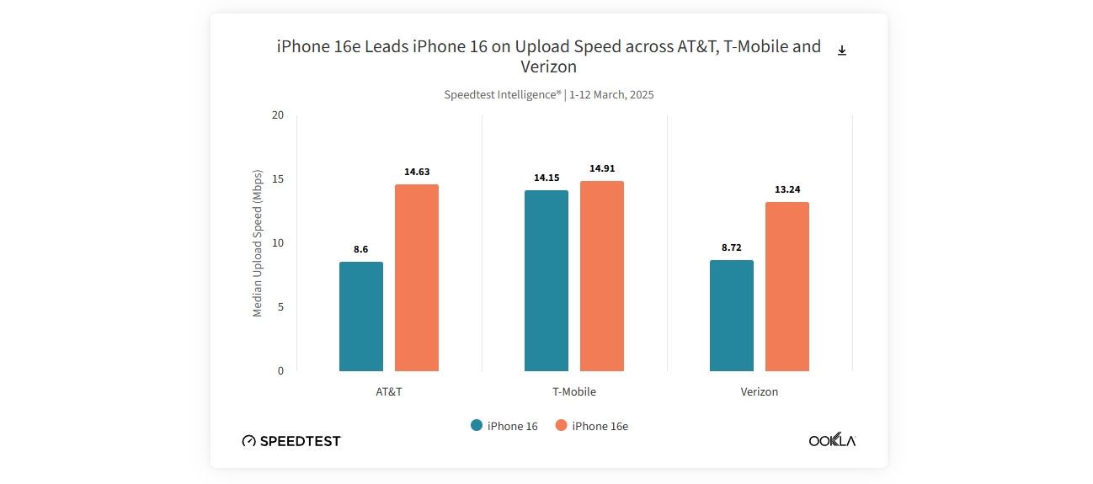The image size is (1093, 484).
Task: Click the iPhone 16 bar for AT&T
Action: click(361, 316)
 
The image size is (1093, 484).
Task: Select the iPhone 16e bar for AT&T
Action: click(417, 278)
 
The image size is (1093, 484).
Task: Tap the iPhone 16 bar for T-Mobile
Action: click(546, 280)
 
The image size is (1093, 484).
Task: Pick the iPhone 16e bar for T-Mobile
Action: click(602, 276)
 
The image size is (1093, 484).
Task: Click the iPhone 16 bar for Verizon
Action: click(732, 316)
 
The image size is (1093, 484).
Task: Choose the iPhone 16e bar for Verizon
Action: click(787, 286)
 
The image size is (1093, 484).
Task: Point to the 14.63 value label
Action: click(417, 172)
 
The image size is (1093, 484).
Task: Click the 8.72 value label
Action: click(732, 247)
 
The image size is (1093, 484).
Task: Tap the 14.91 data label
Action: click(602, 168)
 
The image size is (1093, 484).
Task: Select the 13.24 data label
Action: click(787, 189)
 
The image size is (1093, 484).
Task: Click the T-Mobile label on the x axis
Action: click(573, 392)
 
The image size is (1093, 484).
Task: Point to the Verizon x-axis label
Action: click(760, 392)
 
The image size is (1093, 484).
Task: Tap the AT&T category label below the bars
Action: click(389, 392)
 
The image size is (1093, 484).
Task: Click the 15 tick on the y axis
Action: click(278, 179)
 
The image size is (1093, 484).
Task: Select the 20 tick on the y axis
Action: click(278, 115)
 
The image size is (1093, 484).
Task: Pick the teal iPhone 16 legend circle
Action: click(477, 426)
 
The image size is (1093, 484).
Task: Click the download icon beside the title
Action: click(842, 51)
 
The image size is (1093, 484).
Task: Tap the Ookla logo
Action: click(832, 440)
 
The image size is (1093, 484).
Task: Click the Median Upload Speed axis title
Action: click(258, 243)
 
